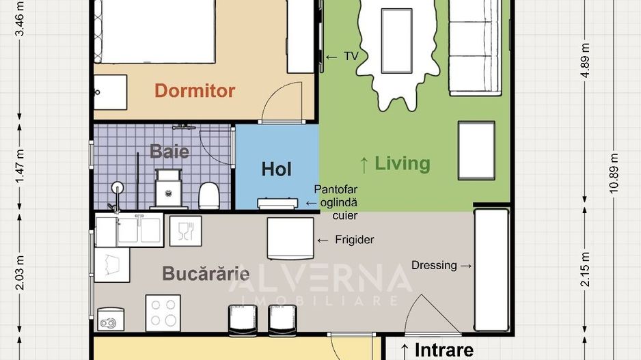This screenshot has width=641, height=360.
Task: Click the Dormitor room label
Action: (195, 90)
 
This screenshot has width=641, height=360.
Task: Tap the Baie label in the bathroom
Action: (169, 151)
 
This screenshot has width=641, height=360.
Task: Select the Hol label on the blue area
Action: (276, 169)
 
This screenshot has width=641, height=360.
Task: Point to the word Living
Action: (403, 163)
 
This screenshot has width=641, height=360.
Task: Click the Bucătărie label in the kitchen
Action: (205, 274)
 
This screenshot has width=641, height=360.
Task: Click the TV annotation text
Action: (351, 57)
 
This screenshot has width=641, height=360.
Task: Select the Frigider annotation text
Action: (355, 240)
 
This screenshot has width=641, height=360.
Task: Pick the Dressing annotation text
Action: (434, 265)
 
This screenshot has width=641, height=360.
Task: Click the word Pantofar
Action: (336, 189)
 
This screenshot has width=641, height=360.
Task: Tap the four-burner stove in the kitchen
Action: (163, 313)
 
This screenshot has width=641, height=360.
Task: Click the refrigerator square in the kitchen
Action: (290, 238)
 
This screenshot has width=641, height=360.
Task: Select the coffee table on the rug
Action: (396, 40)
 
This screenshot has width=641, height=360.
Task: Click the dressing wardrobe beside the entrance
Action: (491, 270)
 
